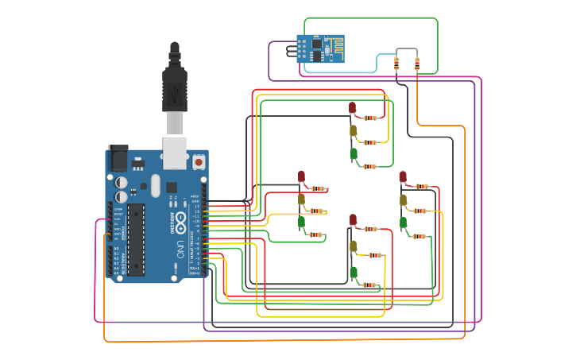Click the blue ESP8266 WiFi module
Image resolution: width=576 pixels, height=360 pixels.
[320, 48]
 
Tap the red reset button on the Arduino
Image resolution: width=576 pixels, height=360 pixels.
[198, 162]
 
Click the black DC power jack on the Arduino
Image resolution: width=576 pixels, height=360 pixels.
[118, 158]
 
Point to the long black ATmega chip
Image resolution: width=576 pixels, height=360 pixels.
[136, 239]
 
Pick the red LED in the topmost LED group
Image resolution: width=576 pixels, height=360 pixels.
[353, 107]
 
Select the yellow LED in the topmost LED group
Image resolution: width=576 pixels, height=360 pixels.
[353, 130]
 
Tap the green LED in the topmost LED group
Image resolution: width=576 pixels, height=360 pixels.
[353, 153]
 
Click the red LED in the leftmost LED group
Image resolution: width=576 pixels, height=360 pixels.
[301, 176]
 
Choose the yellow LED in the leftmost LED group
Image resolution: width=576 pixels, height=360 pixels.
[301, 199]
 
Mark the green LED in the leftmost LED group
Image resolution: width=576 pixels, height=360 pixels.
[301, 223]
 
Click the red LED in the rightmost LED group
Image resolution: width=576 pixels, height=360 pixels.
[403, 176]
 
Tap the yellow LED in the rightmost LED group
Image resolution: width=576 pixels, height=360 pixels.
[403, 199]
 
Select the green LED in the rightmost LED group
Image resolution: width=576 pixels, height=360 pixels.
[403, 223]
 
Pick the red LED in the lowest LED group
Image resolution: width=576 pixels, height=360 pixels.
[353, 219]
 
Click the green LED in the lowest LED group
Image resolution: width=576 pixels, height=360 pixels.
[353, 273]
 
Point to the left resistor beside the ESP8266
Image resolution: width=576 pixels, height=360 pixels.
[396, 64]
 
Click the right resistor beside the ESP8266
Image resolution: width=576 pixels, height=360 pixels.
[417, 64]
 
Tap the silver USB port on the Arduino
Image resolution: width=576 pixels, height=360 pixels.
[175, 152]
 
